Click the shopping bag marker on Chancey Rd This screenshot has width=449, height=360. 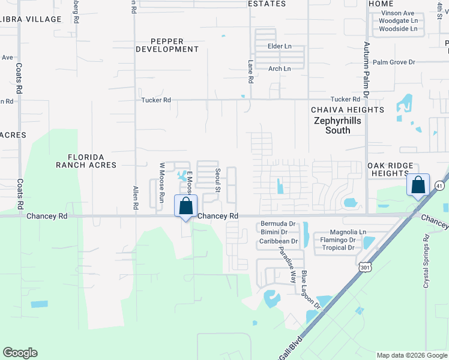coord(186,206)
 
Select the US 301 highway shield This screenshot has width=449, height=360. coord(364,267)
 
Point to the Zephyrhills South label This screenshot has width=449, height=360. coord(339,125)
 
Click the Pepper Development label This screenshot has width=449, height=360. coord(167,45)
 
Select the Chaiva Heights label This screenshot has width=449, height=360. coord(348,110)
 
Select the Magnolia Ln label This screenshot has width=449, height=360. coord(348,232)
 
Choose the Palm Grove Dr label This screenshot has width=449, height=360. coord(394,62)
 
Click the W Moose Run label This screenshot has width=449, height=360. coord(161,181)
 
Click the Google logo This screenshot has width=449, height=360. coord(20,353)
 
